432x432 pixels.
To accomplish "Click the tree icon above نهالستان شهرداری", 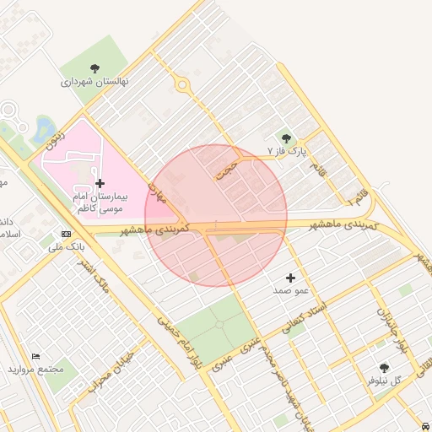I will coord(94,68).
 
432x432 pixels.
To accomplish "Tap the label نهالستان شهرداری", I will coord(94,83).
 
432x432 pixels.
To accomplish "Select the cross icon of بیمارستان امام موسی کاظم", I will coord(100,183).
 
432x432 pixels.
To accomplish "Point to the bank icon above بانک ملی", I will coord(66,234).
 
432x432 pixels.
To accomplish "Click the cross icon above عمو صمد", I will coord(291,277).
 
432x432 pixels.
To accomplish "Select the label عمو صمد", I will coord(291,289).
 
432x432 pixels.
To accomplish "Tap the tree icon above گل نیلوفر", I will coord(385,367).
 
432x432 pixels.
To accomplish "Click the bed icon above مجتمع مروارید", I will coord(35,357).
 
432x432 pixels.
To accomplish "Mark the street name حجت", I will coord(225,169).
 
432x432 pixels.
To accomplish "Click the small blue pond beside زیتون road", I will coord(41,129).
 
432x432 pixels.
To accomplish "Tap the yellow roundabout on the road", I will coord(181,84).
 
